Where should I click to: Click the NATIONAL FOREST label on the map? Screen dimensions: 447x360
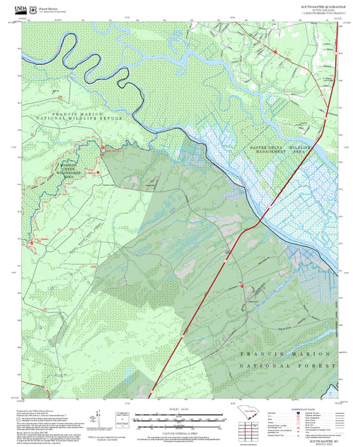(x=287, y=365)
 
